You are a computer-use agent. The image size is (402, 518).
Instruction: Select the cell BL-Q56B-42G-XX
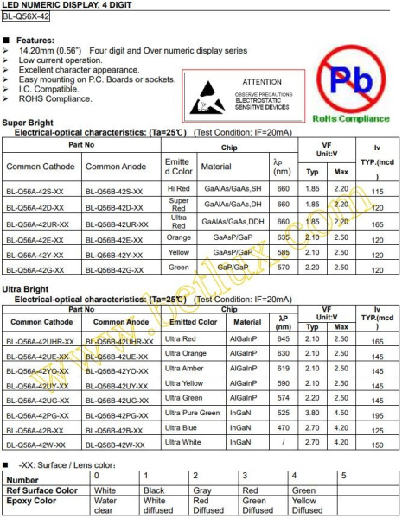click(118, 270)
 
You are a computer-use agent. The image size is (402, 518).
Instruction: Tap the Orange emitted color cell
click(179, 239)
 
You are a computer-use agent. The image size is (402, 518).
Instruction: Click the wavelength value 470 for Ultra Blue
click(282, 429)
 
